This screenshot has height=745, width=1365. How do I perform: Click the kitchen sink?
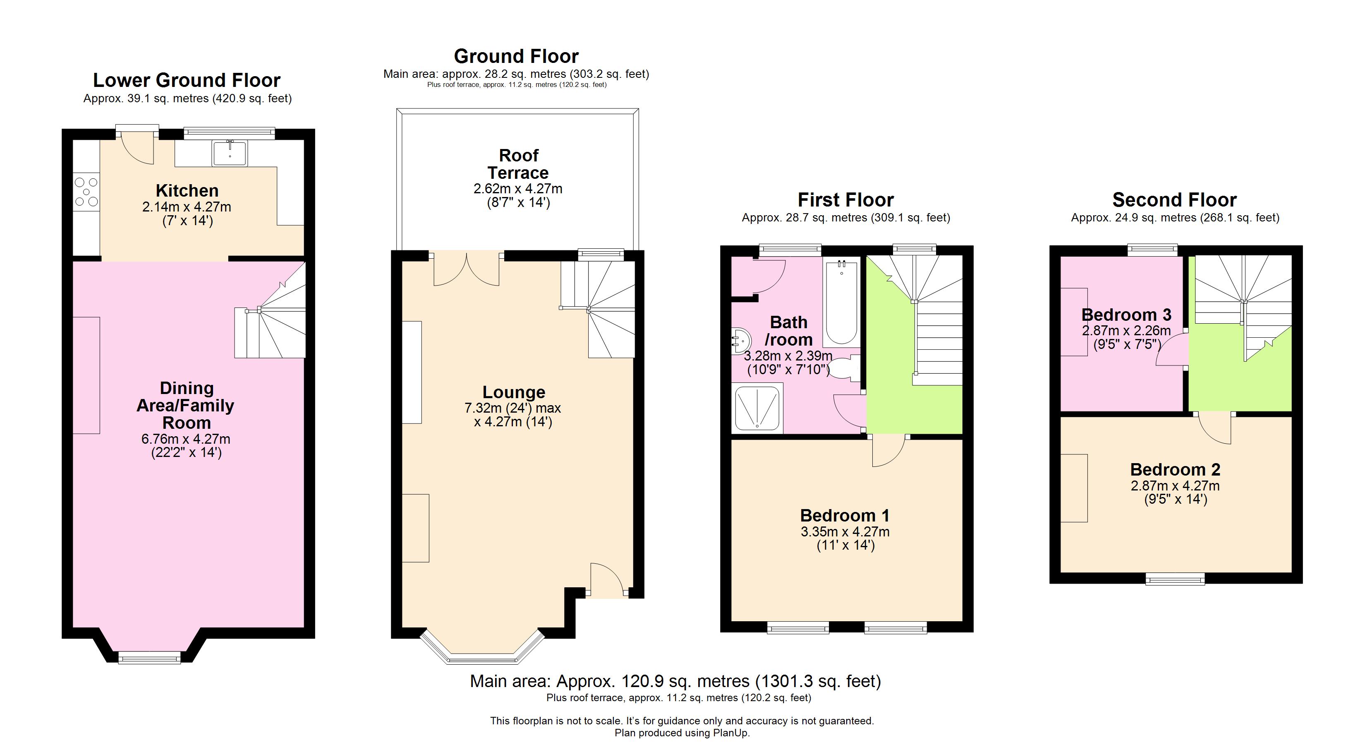click(x=230, y=153)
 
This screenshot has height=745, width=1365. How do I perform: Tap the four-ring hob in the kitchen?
click(x=86, y=192)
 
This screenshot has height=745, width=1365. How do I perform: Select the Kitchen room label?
click(x=187, y=190)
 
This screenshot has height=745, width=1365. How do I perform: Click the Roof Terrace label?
click(x=518, y=164)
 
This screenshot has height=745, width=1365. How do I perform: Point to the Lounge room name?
click(x=513, y=392)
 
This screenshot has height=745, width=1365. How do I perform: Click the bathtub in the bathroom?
click(x=841, y=302)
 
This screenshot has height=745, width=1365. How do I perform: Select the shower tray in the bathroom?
click(x=757, y=408)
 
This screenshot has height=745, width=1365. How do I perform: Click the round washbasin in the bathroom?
click(x=740, y=338)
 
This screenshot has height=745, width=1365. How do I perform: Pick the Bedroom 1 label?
click(x=845, y=515)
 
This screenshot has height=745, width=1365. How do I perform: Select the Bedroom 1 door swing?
click(x=888, y=451)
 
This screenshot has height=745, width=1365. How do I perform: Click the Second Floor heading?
click(x=1174, y=200)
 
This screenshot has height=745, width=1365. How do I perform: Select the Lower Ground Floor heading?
click(x=187, y=80)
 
